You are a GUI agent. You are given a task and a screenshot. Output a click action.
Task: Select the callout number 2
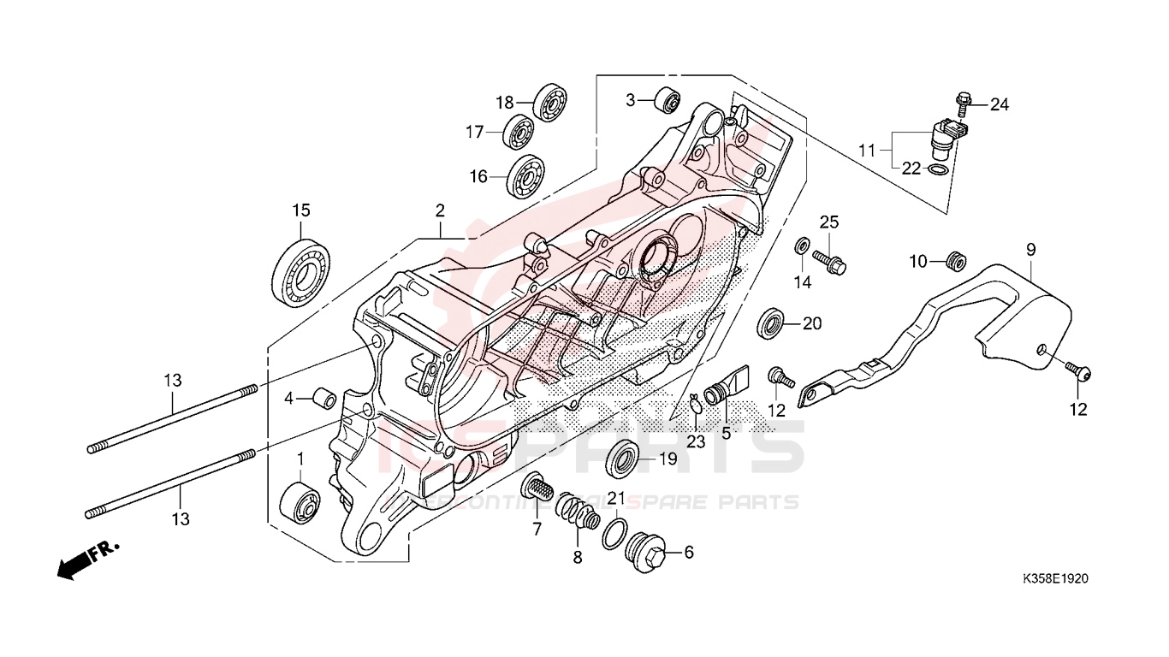tap(440, 210)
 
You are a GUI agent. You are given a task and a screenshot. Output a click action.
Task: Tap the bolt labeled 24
tap(963, 103)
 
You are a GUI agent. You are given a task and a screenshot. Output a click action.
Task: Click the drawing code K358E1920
tap(1053, 579)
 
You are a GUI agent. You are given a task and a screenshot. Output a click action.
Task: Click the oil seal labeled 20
tap(772, 324)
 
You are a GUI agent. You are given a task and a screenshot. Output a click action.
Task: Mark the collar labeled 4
tap(324, 399)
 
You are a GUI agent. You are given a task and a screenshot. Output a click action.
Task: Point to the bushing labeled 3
tap(667, 101)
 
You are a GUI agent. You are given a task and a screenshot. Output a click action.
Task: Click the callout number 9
tap(1030, 250)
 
